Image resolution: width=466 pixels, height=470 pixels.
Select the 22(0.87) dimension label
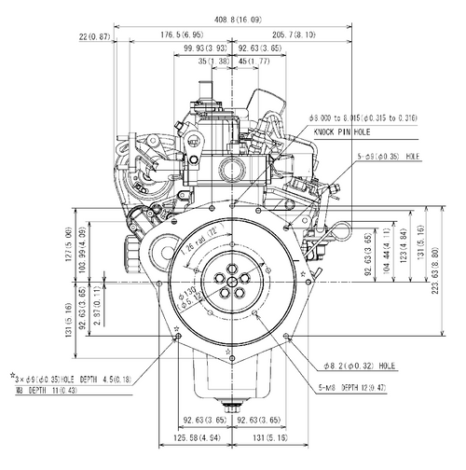pos(95,35)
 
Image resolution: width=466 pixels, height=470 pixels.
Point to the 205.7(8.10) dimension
pos(294,35)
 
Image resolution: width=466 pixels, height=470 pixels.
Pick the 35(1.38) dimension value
pos(215,62)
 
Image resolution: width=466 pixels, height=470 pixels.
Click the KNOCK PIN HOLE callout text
pos(345,133)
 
